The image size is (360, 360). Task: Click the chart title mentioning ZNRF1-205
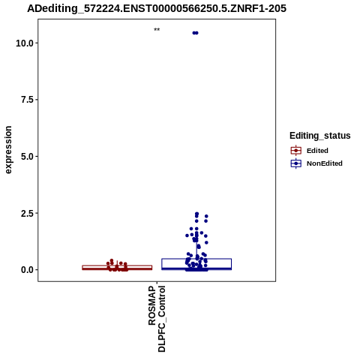point(157,8)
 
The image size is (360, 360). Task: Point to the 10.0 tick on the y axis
point(25,43)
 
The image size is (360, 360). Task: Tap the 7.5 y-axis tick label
point(27,100)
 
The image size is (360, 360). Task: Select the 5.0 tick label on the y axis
point(27,157)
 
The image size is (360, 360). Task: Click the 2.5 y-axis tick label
point(27,213)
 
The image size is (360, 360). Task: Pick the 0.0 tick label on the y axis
point(27,270)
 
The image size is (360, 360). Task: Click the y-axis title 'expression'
point(8,150)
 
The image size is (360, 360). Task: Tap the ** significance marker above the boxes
point(157,29)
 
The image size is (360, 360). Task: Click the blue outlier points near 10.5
point(195,33)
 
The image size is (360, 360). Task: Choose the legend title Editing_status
point(320,136)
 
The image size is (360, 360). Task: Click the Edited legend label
point(317,151)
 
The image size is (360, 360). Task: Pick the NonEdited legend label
point(325,163)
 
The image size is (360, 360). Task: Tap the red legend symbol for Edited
point(296,151)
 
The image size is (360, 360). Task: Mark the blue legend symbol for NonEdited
point(296,163)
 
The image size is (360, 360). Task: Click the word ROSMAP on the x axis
point(152,306)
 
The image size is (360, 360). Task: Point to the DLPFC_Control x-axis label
point(162,319)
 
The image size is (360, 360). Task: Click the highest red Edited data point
point(112,260)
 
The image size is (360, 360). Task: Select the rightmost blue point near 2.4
point(206,216)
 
